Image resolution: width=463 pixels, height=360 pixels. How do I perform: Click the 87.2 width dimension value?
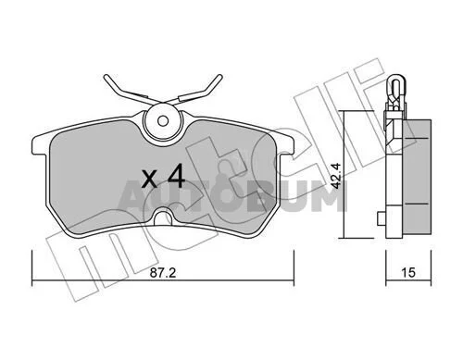pos(163,273)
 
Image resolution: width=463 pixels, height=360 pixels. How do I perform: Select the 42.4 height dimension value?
pos(335,176)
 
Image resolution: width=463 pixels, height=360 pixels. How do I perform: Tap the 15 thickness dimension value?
pos(408,273)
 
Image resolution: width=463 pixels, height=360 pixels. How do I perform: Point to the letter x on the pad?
pos(149,180)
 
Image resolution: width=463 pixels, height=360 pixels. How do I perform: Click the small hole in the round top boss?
pos(163,120)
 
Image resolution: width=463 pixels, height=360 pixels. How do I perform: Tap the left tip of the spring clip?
pos(106,77)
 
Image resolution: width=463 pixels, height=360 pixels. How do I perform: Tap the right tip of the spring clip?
pos(219,77)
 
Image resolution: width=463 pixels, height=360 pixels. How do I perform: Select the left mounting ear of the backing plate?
pos(40,145)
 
